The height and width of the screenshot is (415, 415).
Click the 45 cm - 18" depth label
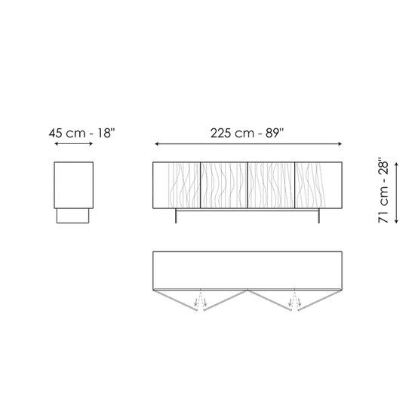point(82,133)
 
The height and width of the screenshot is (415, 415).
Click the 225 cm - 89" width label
point(247,133)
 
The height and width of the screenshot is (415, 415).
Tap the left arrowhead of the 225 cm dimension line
point(157,144)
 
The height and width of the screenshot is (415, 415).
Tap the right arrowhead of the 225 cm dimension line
point(340,144)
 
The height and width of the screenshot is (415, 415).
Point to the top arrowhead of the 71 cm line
point(396,164)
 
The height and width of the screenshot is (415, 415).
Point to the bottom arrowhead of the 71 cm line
point(396,221)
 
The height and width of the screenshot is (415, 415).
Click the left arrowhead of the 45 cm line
point(56,143)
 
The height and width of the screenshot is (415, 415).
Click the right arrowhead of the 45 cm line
point(91,143)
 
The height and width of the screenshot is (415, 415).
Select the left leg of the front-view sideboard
point(176,216)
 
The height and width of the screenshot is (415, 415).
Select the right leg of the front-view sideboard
point(318,216)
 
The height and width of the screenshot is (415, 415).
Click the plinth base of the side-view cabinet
point(72,216)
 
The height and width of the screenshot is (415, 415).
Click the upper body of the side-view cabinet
point(74,185)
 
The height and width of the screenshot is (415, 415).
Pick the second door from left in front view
point(224,185)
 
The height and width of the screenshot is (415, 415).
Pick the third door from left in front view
point(271,185)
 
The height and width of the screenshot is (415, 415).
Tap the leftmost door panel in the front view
point(177,185)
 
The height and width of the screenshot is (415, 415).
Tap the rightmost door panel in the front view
point(318,185)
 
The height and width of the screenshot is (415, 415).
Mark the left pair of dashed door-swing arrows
point(201,300)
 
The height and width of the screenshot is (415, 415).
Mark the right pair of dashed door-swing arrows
point(295,300)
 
